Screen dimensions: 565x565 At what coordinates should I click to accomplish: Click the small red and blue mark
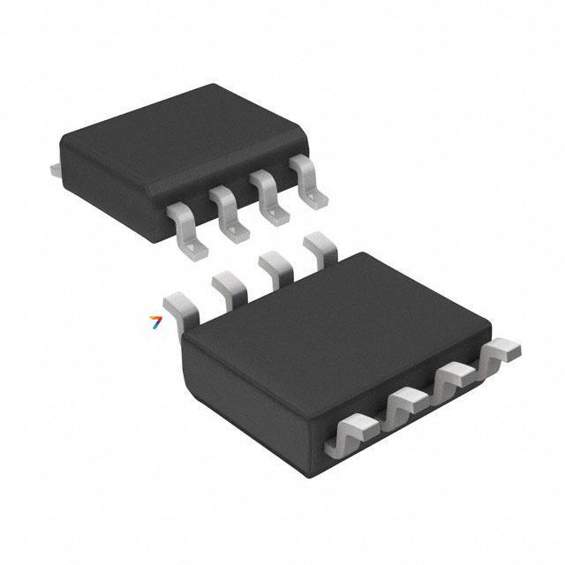point(156,321)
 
